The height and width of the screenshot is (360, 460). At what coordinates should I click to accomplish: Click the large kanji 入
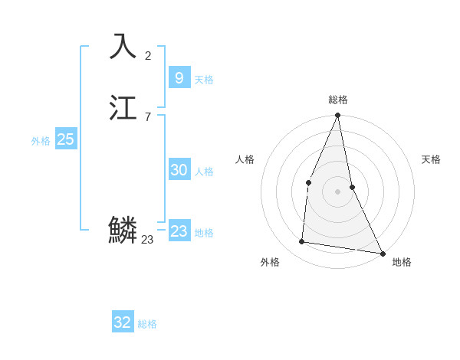tap(123, 46)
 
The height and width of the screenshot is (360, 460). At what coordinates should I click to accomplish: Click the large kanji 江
tap(123, 108)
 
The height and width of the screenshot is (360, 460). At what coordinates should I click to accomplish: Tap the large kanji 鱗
tap(123, 230)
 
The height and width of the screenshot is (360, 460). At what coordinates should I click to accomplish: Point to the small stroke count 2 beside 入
tap(148, 55)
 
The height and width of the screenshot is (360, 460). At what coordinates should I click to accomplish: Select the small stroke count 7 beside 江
tap(148, 117)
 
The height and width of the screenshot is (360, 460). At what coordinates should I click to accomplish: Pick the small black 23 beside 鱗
tap(147, 240)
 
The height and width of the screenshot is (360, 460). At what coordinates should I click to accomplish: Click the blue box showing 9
tap(179, 77)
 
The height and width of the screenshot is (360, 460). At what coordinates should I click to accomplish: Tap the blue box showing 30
tap(179, 170)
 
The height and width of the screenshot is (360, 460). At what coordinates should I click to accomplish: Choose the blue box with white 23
tap(179, 231)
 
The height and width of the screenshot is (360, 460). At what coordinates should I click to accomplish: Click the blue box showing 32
tap(123, 322)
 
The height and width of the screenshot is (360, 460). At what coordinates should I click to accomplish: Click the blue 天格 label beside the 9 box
tap(204, 80)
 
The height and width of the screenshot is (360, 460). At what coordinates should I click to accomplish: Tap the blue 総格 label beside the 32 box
tap(147, 324)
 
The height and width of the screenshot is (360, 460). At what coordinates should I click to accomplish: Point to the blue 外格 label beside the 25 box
tap(41, 141)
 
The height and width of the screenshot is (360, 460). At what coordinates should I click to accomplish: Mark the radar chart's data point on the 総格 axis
tap(337, 116)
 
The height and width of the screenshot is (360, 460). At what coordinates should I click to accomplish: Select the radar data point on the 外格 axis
tap(302, 242)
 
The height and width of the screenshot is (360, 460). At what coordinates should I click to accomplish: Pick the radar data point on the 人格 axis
tap(308, 182)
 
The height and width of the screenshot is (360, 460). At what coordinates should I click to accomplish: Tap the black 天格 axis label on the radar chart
tap(431, 159)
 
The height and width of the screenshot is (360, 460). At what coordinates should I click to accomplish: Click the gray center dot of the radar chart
tap(337, 191)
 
